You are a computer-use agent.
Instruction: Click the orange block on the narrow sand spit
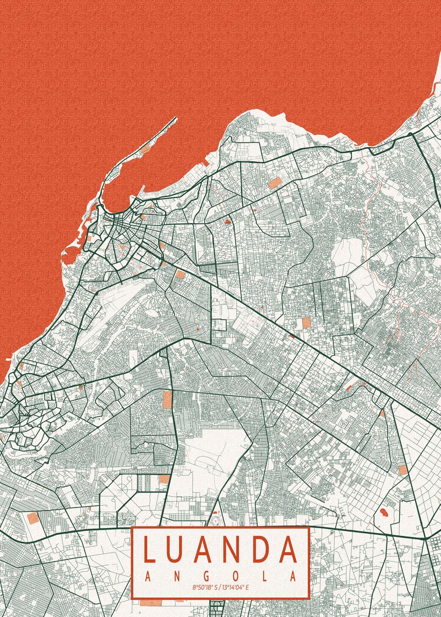(x=146, y=148)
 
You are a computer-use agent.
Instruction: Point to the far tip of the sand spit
(x=175, y=119)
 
